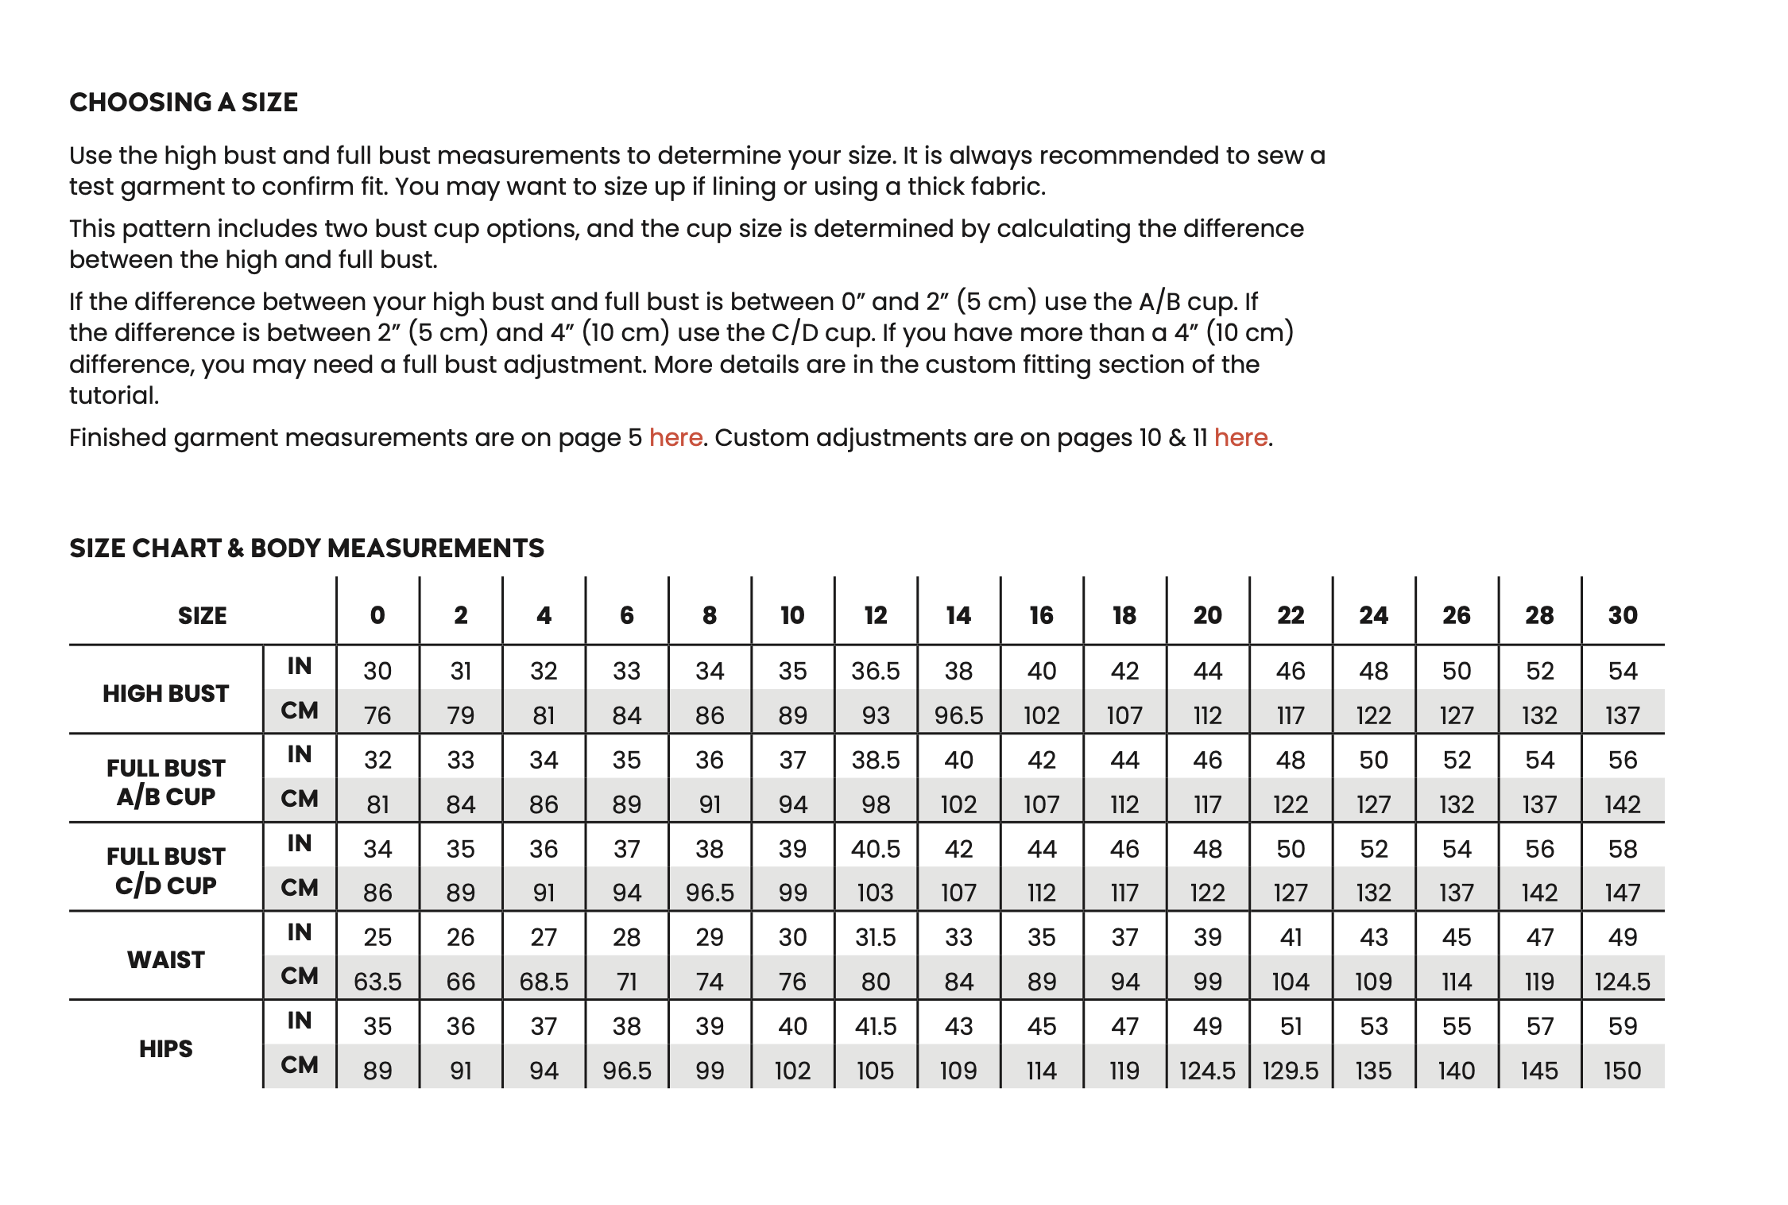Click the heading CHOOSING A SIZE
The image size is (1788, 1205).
point(184,103)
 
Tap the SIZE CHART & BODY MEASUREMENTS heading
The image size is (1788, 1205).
point(307,548)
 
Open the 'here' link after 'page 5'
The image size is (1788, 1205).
point(675,438)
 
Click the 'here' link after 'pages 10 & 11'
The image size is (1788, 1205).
point(1240,438)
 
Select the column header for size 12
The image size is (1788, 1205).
point(876,615)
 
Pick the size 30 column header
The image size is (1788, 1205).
point(1623,615)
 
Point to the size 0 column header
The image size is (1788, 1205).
point(377,615)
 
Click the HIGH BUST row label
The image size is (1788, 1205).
point(165,694)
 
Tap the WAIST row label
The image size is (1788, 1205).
point(165,960)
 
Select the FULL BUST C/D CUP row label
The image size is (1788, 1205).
point(165,871)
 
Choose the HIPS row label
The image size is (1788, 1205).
point(165,1049)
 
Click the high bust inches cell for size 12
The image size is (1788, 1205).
point(876,672)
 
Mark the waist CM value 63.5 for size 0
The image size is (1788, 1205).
point(377,982)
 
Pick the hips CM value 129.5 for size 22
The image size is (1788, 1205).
point(1291,1071)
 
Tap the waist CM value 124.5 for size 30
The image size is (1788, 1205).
point(1623,982)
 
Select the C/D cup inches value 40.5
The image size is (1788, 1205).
point(876,850)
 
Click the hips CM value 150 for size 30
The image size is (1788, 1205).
point(1623,1071)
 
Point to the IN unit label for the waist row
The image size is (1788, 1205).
point(300,932)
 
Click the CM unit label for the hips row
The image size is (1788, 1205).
point(300,1065)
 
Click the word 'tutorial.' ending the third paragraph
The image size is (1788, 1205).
point(114,396)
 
